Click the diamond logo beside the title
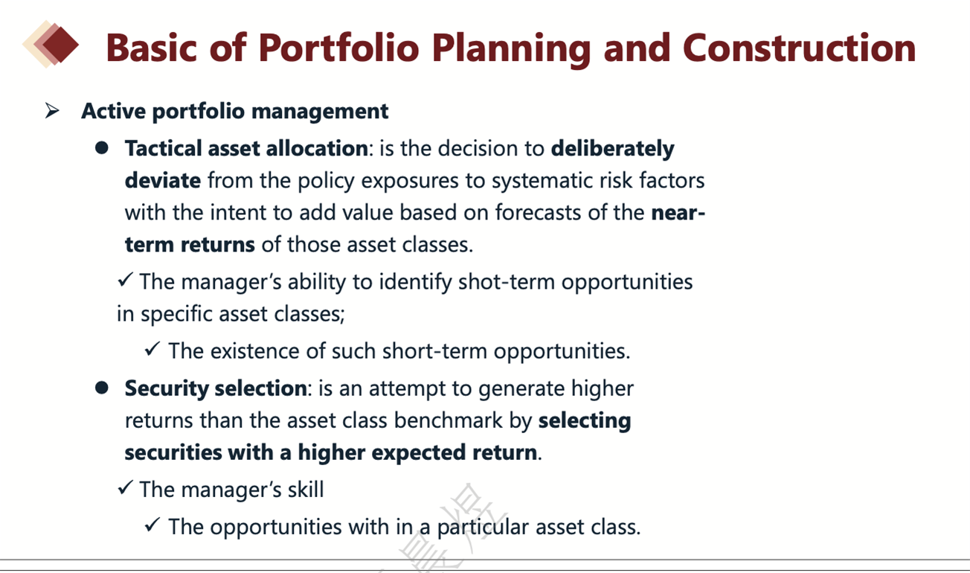click(51, 44)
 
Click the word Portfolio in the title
click(339, 48)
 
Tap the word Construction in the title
click(800, 48)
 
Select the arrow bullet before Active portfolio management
click(52, 111)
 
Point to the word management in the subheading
click(320, 112)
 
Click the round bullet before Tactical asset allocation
click(102, 148)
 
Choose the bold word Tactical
click(163, 148)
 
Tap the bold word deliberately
click(613, 149)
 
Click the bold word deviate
click(163, 180)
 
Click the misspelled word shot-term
click(507, 282)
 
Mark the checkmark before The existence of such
click(152, 349)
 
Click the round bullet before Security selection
click(102, 388)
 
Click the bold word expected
click(418, 453)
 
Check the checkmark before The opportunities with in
click(152, 525)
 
